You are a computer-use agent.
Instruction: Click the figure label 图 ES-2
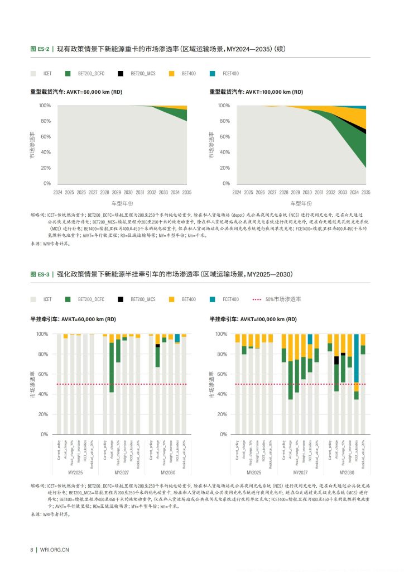pyautogui.click(x=40, y=49)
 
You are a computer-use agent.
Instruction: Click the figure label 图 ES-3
pyautogui.click(x=40, y=274)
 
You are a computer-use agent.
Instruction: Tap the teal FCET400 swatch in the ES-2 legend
pyautogui.click(x=213, y=73)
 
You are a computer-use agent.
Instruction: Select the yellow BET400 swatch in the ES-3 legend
pyautogui.click(x=171, y=299)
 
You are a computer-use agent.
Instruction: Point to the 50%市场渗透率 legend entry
pyautogui.click(x=277, y=299)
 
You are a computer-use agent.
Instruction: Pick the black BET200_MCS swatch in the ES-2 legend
pyautogui.click(x=121, y=73)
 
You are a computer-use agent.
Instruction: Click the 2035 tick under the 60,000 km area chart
pyautogui.click(x=187, y=192)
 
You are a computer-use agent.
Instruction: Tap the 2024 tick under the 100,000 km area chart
pyautogui.click(x=237, y=192)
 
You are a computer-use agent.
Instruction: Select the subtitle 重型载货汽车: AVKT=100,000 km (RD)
pyautogui.click(x=256, y=92)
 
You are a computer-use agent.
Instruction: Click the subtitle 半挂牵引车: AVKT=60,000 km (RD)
pyautogui.click(x=73, y=319)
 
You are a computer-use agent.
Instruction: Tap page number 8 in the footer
pyautogui.click(x=32, y=549)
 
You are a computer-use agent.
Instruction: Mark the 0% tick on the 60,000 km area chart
pyautogui.click(x=47, y=183)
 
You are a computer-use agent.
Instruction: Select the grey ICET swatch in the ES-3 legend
pyautogui.click(x=33, y=299)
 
